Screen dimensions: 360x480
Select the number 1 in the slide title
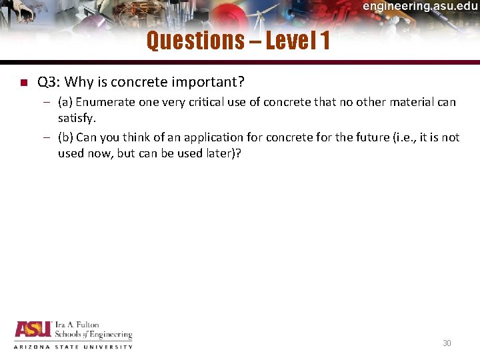(x=325, y=41)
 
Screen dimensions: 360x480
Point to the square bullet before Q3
(x=22, y=83)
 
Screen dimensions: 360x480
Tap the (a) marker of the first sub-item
(x=65, y=102)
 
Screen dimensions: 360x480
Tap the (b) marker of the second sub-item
(x=65, y=137)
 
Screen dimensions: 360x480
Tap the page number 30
(x=447, y=343)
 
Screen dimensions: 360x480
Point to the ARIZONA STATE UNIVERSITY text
(x=73, y=347)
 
